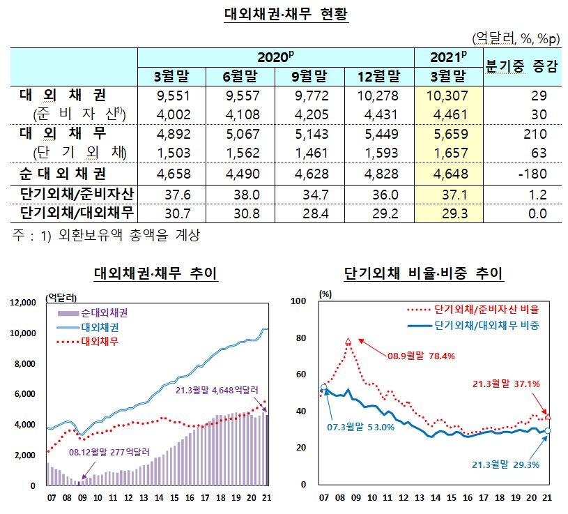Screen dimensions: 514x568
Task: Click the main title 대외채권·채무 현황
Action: click(286, 14)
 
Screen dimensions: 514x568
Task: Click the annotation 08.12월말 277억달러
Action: click(113, 453)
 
